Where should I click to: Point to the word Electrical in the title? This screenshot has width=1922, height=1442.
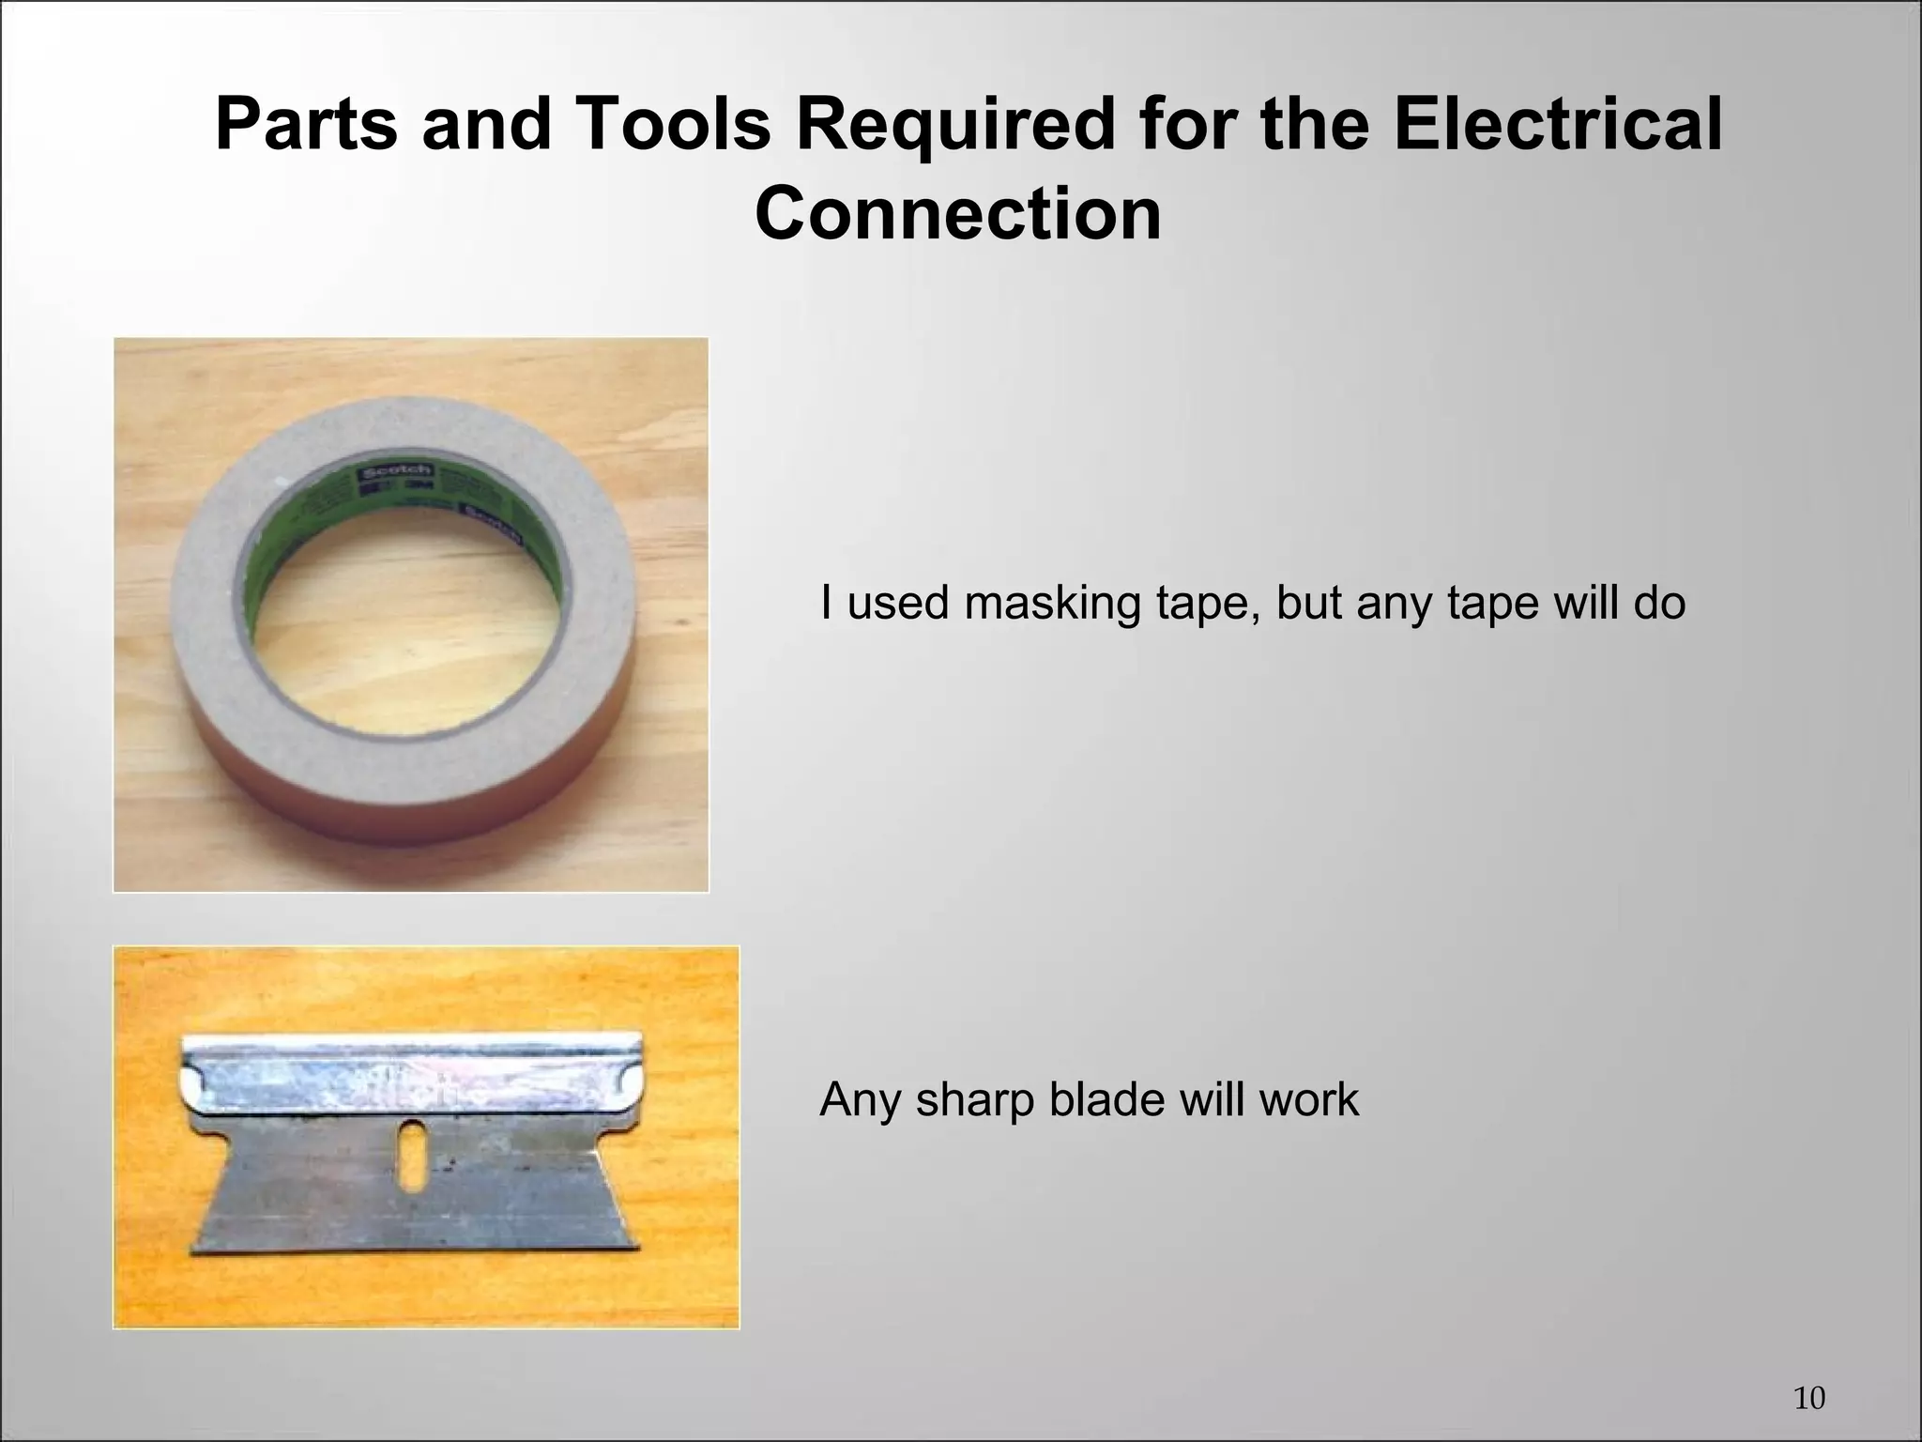(1558, 125)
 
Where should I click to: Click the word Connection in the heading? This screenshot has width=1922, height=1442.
(958, 214)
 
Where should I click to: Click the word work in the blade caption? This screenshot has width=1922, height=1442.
(1308, 1099)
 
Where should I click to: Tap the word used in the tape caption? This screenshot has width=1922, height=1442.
(897, 602)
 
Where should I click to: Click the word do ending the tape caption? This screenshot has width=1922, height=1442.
(1658, 602)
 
